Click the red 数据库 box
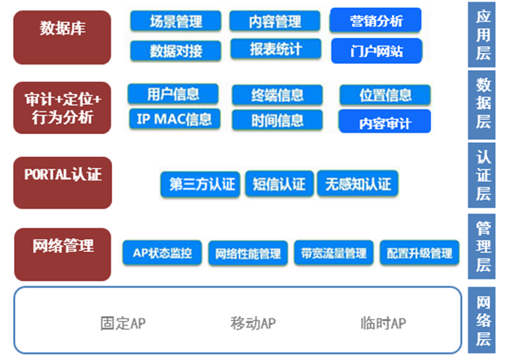pyautogui.click(x=62, y=37)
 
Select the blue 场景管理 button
pyautogui.click(x=176, y=21)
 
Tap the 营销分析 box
pyautogui.click(x=375, y=21)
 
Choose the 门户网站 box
pyautogui.click(x=377, y=51)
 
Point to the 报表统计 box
pyautogui.click(x=276, y=49)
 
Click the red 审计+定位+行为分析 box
pyautogui.click(x=62, y=108)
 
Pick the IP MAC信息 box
pyautogui.click(x=174, y=119)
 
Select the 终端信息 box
pyautogui.click(x=277, y=95)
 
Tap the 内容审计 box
pyautogui.click(x=385, y=122)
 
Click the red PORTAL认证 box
pyautogui.click(x=63, y=183)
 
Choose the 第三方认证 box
pyautogui.click(x=200, y=184)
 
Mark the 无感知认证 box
pyautogui.click(x=358, y=184)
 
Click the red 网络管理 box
pyautogui.click(x=63, y=254)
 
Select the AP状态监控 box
pyautogui.click(x=162, y=253)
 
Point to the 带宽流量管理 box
pyautogui.click(x=334, y=253)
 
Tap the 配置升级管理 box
pyautogui.click(x=420, y=253)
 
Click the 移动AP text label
pyautogui.click(x=253, y=323)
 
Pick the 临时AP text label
pyautogui.click(x=383, y=323)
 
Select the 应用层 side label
pyautogui.click(x=482, y=34)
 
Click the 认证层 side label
pyautogui.click(x=482, y=175)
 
